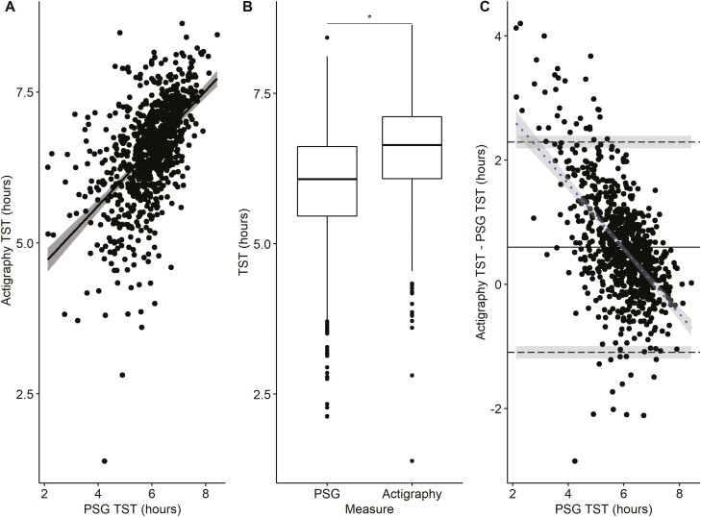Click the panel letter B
(x=247, y=8)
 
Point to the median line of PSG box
(x=327, y=180)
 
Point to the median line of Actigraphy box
(x=412, y=145)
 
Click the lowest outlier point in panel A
(x=103, y=461)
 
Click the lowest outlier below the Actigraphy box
(x=412, y=461)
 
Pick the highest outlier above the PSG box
(x=327, y=37)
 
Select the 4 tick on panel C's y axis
(x=497, y=37)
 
